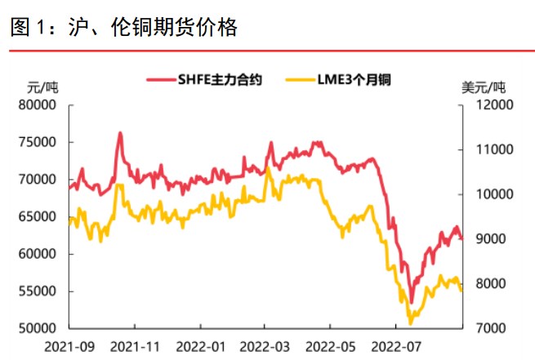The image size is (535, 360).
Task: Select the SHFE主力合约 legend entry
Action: pyautogui.click(x=204, y=80)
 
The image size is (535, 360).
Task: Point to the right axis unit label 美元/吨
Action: pyautogui.click(x=484, y=87)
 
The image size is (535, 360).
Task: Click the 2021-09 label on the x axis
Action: pyautogui.click(x=69, y=347)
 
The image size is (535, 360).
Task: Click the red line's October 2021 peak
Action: pyautogui.click(x=120, y=132)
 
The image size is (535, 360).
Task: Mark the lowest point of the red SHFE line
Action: pyautogui.click(x=411, y=302)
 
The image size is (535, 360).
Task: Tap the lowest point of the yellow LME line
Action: pyautogui.click(x=410, y=323)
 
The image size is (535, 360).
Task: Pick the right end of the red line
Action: pyautogui.click(x=461, y=238)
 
